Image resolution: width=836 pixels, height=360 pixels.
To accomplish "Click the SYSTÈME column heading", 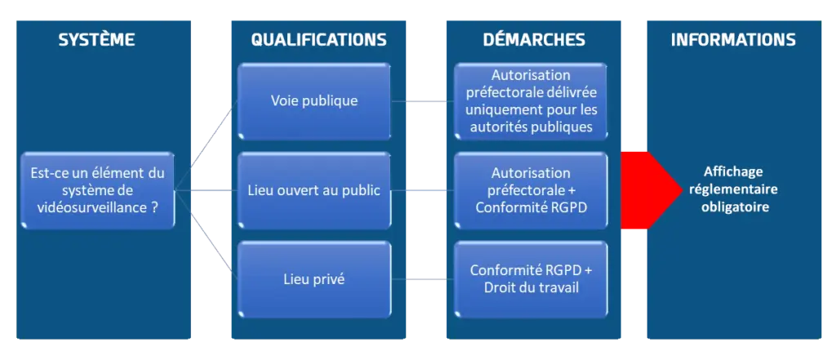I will [x=96, y=39].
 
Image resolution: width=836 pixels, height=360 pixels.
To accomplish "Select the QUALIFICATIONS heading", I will [x=318, y=39].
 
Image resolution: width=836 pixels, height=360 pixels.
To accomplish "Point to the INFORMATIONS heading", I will [x=733, y=39].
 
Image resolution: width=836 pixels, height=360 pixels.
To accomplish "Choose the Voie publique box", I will [x=314, y=102].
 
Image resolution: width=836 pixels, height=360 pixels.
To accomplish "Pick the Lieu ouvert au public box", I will [x=314, y=191].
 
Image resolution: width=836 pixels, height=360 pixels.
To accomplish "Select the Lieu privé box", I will [x=314, y=279].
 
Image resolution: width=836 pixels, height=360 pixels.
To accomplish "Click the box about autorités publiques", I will [x=531, y=102].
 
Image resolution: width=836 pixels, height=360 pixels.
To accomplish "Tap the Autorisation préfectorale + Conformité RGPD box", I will [x=531, y=191].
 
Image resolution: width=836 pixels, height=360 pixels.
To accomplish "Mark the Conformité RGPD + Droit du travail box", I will [x=531, y=279].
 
